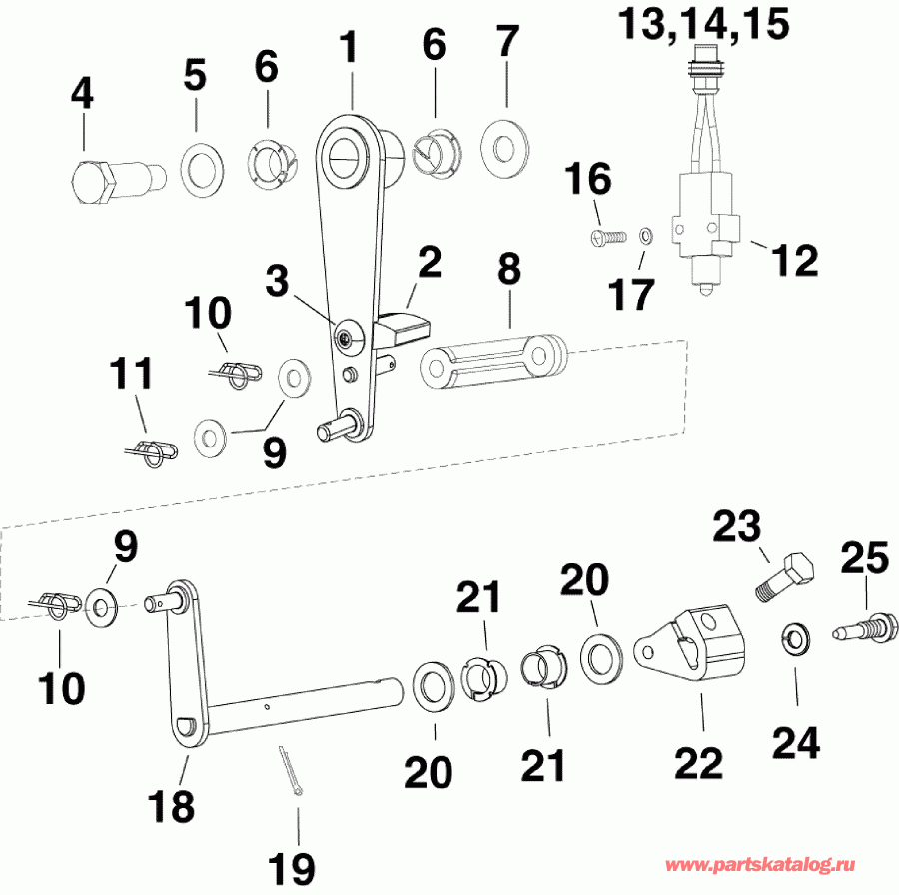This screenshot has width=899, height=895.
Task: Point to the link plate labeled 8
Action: tap(494, 359)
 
